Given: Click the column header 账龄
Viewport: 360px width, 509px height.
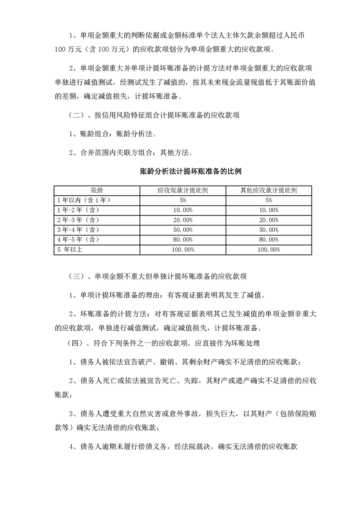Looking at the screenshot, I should coord(96,190).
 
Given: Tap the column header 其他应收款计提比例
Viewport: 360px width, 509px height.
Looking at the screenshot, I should coord(269,190).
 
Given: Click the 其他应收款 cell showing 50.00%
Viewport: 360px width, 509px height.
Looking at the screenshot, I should coord(269,230).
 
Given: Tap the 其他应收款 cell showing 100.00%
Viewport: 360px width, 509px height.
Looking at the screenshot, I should coord(269,250).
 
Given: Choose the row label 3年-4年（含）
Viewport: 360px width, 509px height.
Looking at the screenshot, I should coord(77,230).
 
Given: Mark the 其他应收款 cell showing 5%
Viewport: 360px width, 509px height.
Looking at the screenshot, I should coord(269,200).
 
